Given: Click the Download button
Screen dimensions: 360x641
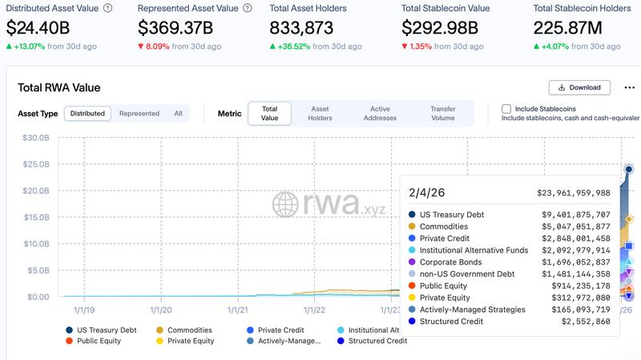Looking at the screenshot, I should coord(579,87).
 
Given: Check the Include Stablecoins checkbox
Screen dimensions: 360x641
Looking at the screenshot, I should coord(506,109).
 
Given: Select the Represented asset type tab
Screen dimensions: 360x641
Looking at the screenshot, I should coord(139,114).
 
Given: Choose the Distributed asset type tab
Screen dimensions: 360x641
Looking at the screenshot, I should coord(87,114).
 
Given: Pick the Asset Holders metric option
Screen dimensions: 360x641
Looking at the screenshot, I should coord(320,114).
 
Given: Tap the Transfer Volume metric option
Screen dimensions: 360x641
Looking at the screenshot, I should coord(442,114).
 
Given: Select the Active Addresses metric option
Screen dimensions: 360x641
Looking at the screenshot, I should coord(381,114).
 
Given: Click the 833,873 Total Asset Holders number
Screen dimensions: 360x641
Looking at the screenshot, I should coord(301,28).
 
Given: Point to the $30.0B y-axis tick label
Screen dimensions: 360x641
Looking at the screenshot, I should coord(37,138).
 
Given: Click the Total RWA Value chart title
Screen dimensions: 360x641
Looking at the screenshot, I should coord(58,87).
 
